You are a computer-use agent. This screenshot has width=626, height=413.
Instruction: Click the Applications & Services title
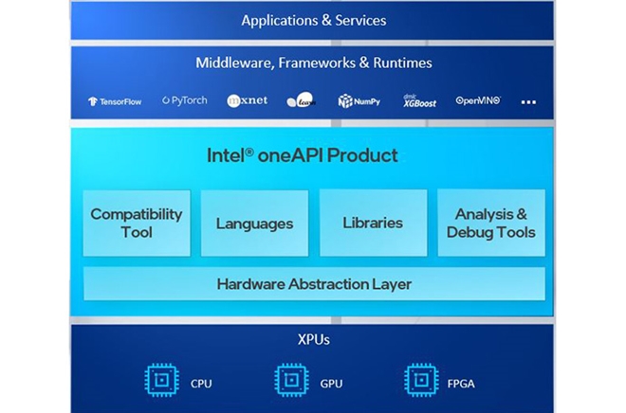(x=313, y=20)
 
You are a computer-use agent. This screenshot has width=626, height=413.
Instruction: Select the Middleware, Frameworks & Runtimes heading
(x=313, y=63)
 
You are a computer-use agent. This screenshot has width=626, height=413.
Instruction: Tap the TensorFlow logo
(x=115, y=101)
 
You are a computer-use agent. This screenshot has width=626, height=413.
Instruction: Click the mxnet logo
(x=247, y=100)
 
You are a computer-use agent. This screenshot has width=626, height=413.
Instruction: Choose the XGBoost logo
(x=417, y=100)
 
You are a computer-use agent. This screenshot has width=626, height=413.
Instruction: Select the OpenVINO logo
(x=477, y=100)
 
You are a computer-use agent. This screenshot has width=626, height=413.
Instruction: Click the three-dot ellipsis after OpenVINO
(x=528, y=101)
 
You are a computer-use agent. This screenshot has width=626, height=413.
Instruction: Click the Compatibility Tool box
(x=137, y=223)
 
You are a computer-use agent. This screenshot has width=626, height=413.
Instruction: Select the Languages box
(x=254, y=224)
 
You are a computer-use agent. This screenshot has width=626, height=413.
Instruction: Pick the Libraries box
(x=372, y=223)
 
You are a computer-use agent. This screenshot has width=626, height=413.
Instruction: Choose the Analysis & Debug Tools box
(x=490, y=223)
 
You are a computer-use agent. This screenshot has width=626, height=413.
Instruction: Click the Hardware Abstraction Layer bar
(x=314, y=283)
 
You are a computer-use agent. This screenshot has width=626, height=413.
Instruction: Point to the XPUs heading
(x=314, y=338)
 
